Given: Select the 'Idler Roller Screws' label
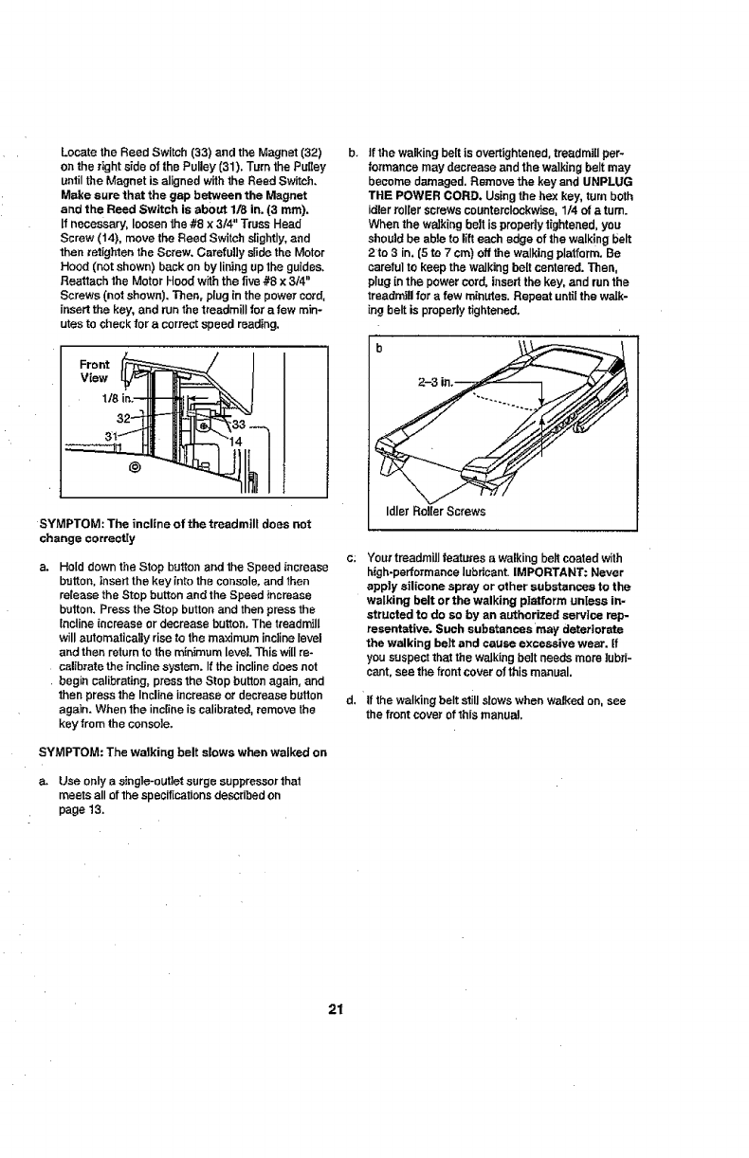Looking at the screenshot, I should tap(434, 511).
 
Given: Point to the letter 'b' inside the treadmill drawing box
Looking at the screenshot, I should tap(378, 347).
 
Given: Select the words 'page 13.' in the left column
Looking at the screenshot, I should tap(80, 810).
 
